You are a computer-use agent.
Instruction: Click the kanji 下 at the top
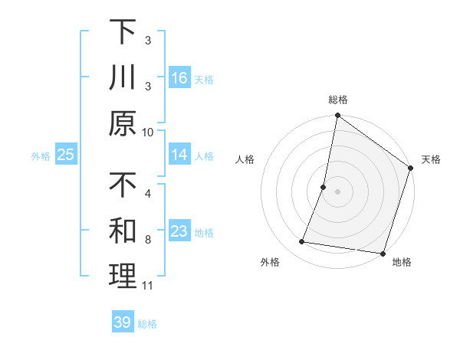(123, 33)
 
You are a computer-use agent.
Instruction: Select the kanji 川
(123, 79)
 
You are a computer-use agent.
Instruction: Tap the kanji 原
(123, 123)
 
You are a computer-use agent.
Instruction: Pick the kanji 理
(123, 277)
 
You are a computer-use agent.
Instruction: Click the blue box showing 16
(179, 77)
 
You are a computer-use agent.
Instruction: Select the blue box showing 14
(179, 155)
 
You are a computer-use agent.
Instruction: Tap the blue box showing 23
(179, 231)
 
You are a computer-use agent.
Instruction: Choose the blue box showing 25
(65, 155)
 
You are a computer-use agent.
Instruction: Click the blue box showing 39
(123, 322)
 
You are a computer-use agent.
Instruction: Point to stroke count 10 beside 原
(148, 132)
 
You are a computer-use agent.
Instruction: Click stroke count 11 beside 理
(148, 286)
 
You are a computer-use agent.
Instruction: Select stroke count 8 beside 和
(148, 240)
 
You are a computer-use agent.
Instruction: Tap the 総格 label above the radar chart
(338, 100)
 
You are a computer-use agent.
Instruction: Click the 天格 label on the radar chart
(431, 160)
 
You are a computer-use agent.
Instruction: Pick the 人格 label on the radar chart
(245, 160)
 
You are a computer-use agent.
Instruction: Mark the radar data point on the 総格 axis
(337, 116)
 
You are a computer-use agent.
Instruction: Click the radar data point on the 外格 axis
(302, 242)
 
